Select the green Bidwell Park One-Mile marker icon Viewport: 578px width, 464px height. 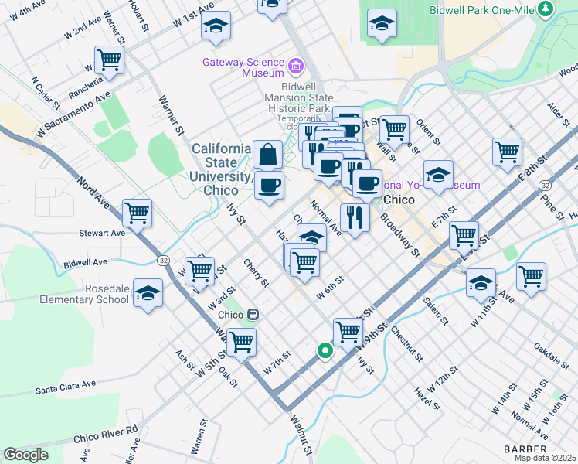(547, 9)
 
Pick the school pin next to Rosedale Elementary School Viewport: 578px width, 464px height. (148, 295)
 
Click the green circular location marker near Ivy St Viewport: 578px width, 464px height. (325, 351)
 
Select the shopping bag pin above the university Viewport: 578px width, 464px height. (267, 154)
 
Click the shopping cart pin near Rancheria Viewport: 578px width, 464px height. (109, 59)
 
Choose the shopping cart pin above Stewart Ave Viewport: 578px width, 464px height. (138, 213)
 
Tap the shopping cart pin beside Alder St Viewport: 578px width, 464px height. (507, 151)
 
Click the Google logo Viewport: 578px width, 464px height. (25, 455)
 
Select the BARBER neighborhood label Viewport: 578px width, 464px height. (525, 449)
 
